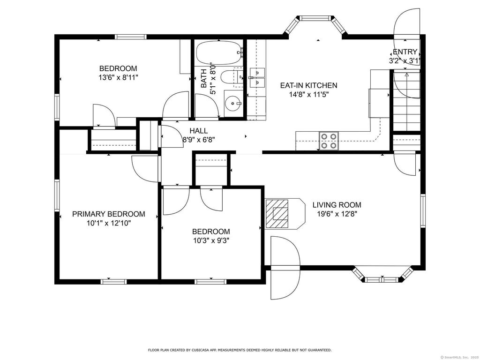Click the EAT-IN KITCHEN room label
point(308,85)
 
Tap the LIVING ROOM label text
point(337,205)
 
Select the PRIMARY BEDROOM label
point(109,214)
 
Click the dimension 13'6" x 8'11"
point(118,77)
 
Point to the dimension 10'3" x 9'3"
point(211,240)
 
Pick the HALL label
point(198,131)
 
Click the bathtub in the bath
point(219,53)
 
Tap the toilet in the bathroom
point(232,77)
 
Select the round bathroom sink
point(233,103)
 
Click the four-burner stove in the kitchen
point(329,141)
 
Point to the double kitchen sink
point(257,77)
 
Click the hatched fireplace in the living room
point(277,214)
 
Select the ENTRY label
point(405,52)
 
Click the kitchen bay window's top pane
point(315,18)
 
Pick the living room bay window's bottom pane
point(382,279)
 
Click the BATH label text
point(204,78)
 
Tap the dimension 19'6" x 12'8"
point(337,214)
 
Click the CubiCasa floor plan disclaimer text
point(240,350)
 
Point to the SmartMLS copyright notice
point(459,357)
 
